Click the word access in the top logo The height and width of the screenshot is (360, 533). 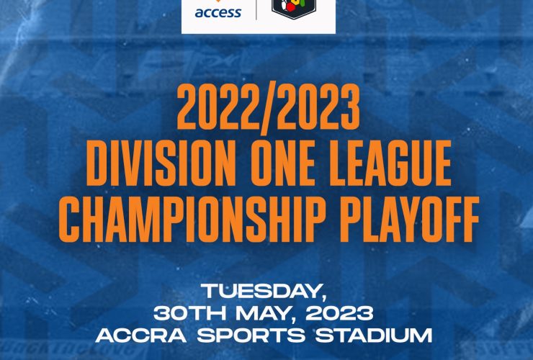(x=218, y=13)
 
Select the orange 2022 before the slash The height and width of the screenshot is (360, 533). (x=218, y=107)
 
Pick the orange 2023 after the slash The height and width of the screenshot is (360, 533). (x=318, y=107)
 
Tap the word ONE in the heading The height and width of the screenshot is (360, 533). (x=285, y=163)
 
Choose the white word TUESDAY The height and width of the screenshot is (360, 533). (x=261, y=291)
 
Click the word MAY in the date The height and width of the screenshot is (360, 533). (x=263, y=313)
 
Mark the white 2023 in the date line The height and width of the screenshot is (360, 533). (x=339, y=313)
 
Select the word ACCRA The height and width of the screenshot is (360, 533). (x=140, y=336)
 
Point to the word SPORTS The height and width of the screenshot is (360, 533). (x=251, y=336)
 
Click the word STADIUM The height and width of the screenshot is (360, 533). (x=374, y=336)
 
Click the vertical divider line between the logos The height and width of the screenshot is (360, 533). (x=256, y=10)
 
